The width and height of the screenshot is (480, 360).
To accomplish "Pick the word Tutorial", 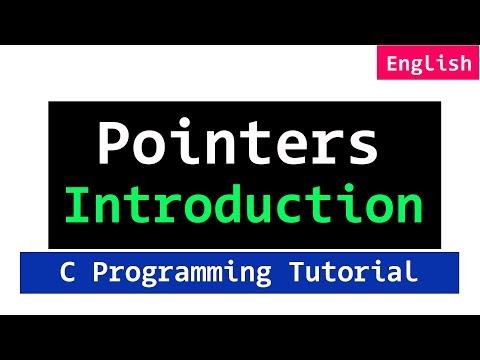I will click(x=359, y=271).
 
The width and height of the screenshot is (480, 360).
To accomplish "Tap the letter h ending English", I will click(x=463, y=64).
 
